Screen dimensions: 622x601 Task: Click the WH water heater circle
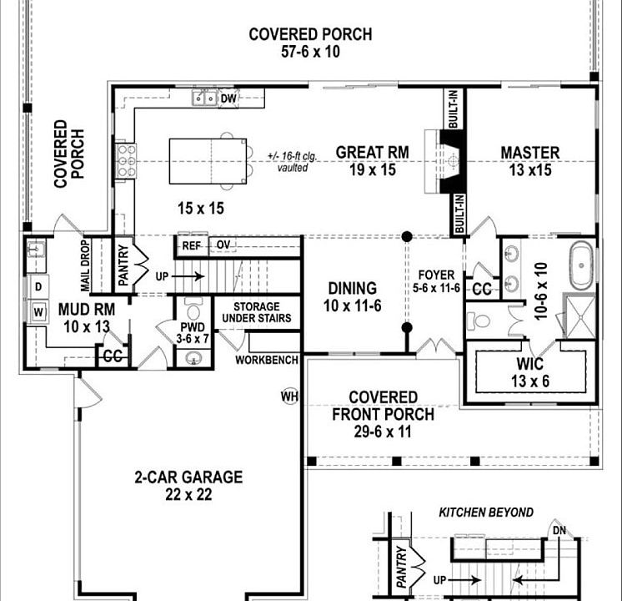[x=289, y=396]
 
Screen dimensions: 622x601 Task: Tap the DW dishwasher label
[x=228, y=98]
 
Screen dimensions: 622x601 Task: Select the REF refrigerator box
[x=191, y=246]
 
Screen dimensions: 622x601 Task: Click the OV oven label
[x=223, y=245]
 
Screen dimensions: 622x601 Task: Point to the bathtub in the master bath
[x=581, y=265]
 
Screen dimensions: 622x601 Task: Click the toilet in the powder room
[x=193, y=308]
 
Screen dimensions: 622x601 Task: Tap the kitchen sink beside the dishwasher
[x=204, y=98]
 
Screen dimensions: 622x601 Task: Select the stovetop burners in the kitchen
[x=126, y=161]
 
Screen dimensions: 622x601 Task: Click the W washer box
[x=38, y=312]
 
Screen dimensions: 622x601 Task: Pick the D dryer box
[x=38, y=287]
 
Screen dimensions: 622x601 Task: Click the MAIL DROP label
[x=85, y=265]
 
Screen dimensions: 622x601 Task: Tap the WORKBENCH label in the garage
[x=267, y=360]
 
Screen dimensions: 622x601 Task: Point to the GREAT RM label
[x=372, y=153]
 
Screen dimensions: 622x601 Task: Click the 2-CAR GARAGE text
[x=188, y=477]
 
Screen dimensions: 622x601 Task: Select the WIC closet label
[x=530, y=363]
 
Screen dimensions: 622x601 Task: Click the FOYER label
[x=436, y=275]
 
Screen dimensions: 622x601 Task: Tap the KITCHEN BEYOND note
[x=486, y=513]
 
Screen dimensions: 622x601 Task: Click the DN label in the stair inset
[x=559, y=530]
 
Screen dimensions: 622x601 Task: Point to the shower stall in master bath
[x=580, y=316]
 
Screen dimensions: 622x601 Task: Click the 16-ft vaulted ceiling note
[x=293, y=161]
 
